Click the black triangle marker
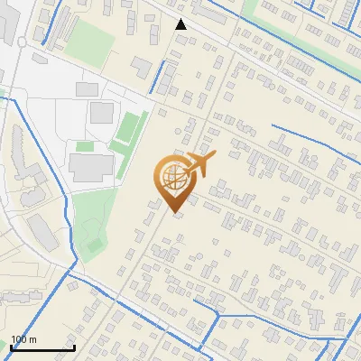click(x=181, y=24)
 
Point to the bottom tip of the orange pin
click(x=173, y=213)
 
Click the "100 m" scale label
click(x=23, y=339)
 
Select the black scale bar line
click(x=42, y=347)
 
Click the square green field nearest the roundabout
click(x=89, y=37)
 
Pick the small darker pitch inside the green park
click(x=94, y=245)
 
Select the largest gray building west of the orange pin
click(x=91, y=167)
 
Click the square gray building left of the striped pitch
click(x=102, y=113)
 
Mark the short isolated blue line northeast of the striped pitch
click(x=163, y=78)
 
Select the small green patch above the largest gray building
click(x=85, y=146)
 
